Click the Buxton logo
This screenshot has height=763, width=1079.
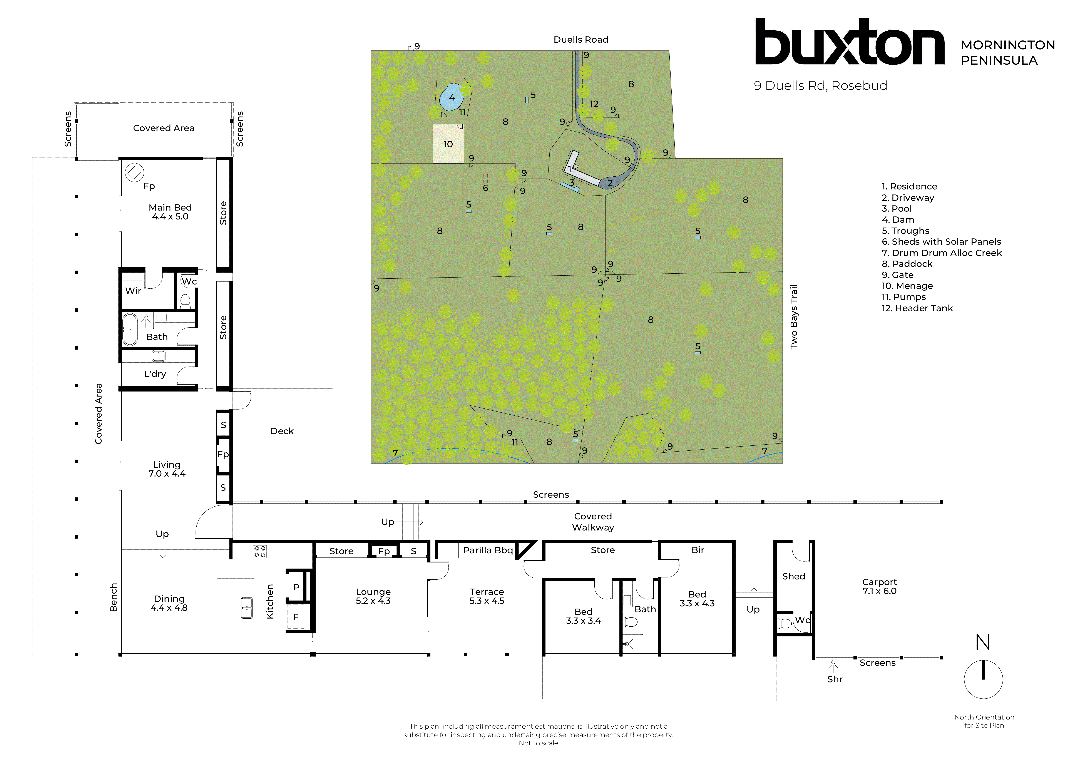coord(849,42)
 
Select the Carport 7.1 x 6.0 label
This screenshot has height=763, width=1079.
coord(879,586)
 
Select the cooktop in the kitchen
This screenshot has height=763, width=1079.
coord(259,551)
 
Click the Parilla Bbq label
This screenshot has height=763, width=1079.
coord(488,550)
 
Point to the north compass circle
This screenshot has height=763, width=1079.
coord(983,679)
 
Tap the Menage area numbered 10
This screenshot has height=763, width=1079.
coord(448,144)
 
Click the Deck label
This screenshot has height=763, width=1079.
coord(282,431)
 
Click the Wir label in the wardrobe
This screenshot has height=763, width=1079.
coord(133,290)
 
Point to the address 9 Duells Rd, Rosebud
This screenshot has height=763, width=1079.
coord(821,85)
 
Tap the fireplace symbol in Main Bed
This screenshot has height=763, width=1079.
coord(134,172)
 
